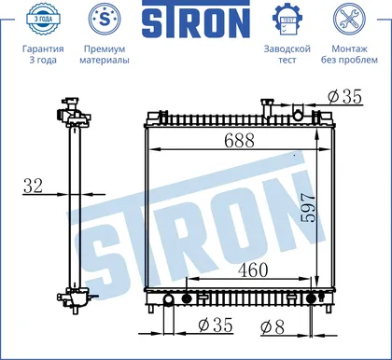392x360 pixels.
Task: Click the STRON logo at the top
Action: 196,20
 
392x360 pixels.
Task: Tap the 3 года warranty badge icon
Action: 43,19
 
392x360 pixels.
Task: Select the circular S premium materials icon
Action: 105,19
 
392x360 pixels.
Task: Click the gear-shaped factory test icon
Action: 287,20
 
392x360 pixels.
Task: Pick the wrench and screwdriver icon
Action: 349,19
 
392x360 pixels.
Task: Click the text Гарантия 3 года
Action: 43,54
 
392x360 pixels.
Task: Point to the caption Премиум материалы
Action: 105,54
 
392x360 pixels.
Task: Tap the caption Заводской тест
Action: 287,54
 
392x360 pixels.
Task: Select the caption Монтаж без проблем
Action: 349,54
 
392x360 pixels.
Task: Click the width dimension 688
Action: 239,140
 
